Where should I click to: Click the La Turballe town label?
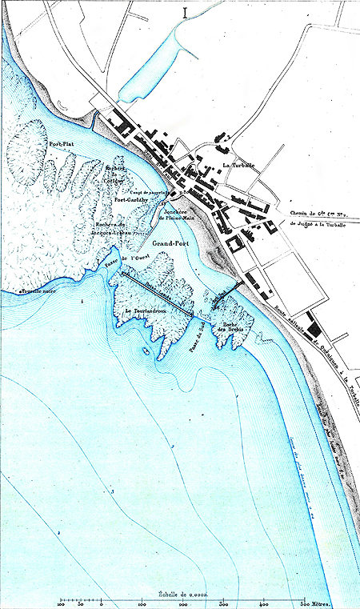238,166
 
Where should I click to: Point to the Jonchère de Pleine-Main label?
177,214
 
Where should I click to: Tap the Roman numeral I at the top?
186,12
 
